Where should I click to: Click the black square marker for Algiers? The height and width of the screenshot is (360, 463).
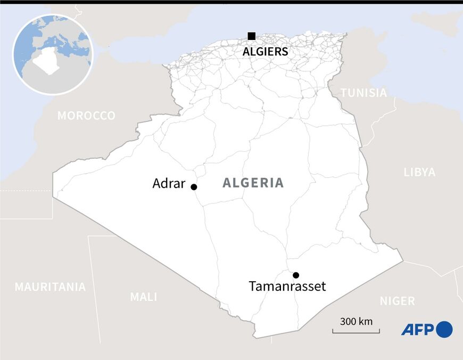[251, 36]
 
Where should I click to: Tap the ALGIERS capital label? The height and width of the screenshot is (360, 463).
[265, 52]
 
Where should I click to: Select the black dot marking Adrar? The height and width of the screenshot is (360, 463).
[194, 187]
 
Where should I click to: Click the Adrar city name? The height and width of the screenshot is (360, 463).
[169, 184]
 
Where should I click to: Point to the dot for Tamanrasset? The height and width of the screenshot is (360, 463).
[296, 275]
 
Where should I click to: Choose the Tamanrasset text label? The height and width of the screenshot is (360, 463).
[287, 287]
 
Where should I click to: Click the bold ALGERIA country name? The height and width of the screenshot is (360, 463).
[253, 183]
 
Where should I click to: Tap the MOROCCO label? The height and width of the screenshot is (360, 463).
[86, 116]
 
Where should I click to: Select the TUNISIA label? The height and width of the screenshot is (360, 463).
[364, 93]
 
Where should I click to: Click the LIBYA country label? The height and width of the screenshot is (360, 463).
[419, 172]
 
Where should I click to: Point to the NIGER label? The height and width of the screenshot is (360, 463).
[397, 301]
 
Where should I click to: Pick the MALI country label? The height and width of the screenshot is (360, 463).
[144, 297]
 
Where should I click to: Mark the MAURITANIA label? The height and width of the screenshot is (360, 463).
[50, 287]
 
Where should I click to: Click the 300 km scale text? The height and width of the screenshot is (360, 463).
[356, 322]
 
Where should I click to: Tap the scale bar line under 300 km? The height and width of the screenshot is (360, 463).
[356, 332]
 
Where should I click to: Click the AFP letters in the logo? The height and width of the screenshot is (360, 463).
[418, 330]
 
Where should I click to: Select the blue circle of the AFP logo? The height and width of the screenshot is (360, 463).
[444, 330]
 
